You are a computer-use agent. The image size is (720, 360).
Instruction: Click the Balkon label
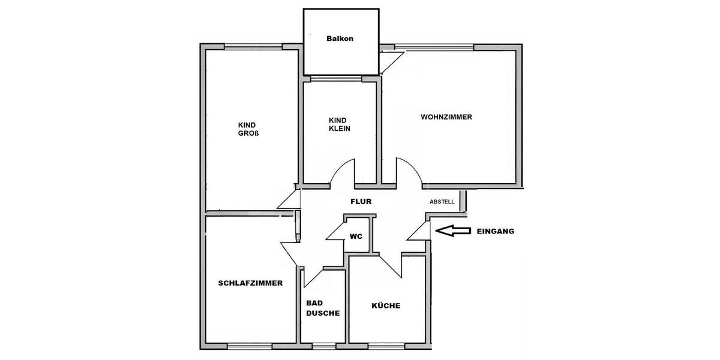tap(340, 39)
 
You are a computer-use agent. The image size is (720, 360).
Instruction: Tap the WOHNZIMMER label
tap(446, 118)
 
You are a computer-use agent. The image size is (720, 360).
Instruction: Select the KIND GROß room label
tap(248, 129)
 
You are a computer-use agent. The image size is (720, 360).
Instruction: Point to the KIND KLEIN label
tap(340, 124)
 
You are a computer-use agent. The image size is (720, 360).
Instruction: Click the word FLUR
tap(361, 202)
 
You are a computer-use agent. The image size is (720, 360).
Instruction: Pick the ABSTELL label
tap(442, 202)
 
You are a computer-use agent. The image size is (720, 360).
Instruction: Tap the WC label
tap(356, 236)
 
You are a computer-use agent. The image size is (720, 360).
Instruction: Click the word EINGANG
tap(495, 231)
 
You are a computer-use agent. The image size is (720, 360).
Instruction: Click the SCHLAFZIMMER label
tap(250, 283)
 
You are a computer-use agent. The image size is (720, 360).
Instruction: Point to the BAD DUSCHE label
tap(323, 308)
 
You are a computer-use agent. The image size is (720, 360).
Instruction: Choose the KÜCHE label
tap(386, 306)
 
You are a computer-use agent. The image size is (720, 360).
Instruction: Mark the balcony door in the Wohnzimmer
tap(391, 62)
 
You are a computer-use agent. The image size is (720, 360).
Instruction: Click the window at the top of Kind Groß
tap(253, 46)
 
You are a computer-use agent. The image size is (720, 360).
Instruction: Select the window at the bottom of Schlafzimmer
tap(250, 346)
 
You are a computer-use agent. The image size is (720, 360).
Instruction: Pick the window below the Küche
tap(386, 346)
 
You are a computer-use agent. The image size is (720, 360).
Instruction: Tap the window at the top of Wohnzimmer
tap(433, 46)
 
